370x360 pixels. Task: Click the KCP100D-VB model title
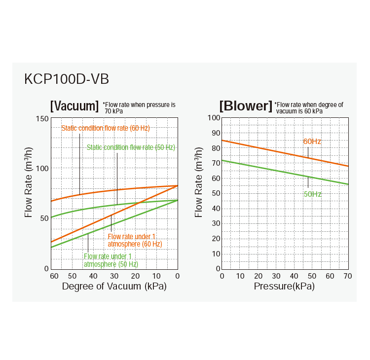click(67, 79)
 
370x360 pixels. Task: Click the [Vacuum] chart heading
click(74, 106)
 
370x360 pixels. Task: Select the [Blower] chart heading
click(246, 106)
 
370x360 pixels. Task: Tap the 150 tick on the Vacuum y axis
click(42, 119)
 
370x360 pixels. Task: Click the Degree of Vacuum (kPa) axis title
click(114, 286)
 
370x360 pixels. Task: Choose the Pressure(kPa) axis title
click(284, 286)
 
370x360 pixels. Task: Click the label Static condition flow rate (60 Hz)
click(105, 128)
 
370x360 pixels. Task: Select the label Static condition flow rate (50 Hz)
click(131, 147)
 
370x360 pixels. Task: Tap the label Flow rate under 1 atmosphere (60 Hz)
click(134, 240)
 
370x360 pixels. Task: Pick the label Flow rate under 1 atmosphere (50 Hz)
click(108, 260)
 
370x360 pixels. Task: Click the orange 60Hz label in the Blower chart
click(312, 142)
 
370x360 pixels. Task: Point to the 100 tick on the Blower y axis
click(213, 117)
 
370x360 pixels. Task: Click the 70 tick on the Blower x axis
click(348, 275)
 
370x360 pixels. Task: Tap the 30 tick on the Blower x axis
click(276, 275)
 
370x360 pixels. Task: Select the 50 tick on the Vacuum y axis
click(44, 218)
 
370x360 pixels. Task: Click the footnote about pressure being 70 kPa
click(139, 108)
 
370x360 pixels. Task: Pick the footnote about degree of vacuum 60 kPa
click(309, 108)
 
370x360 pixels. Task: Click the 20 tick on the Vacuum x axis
click(136, 275)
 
